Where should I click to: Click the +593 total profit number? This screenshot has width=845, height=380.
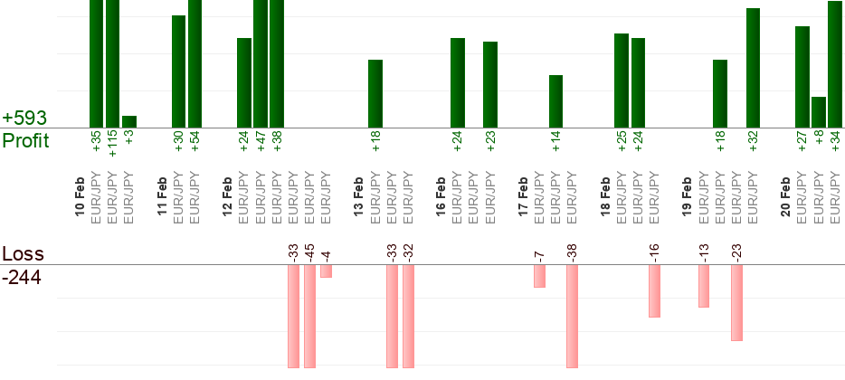coord(24,119)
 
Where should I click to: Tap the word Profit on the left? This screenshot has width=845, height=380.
coord(25,141)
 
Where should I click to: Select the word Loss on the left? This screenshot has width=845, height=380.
coord(23,253)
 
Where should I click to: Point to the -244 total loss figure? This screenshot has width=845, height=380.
coord(22,277)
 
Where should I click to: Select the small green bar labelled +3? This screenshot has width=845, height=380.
coord(129,121)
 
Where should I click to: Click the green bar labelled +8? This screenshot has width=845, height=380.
coord(819,112)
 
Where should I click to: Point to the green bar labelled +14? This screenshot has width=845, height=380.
coord(556,101)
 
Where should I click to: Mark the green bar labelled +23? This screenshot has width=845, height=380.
coord(490,84)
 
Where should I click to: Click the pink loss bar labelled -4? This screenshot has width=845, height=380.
coord(326,271)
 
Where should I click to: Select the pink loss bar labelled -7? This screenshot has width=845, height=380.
coord(539,276)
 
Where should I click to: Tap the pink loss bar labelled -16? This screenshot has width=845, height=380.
coord(654,290)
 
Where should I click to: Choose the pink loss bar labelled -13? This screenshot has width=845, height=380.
coord(704,286)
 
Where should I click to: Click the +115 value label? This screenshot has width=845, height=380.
coord(113,143)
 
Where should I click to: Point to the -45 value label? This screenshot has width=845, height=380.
coord(309,250)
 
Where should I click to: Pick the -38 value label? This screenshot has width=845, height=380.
coord(572,251)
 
